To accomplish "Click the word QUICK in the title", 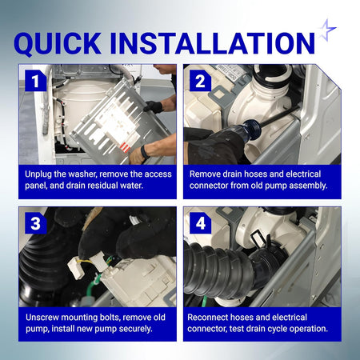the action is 58,43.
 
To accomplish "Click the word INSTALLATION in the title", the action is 213,43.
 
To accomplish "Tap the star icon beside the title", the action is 327,30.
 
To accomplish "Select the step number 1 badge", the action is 35,81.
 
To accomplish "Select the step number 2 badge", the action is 200,81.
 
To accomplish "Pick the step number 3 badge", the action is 35,223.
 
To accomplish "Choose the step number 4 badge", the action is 200,223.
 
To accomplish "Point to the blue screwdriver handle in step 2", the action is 249,128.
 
